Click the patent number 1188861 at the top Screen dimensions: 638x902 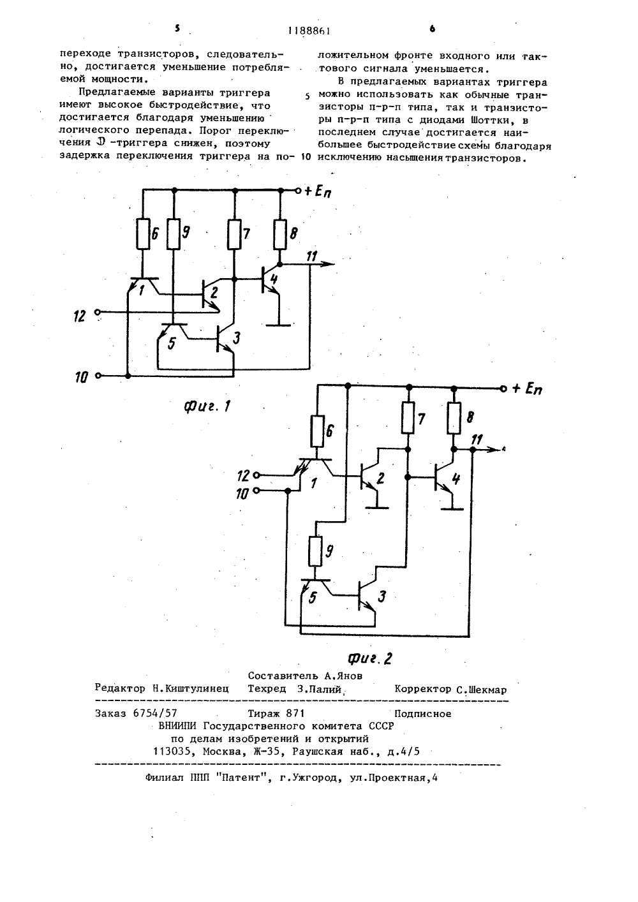(x=309, y=31)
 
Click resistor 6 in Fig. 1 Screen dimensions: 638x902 (x=143, y=234)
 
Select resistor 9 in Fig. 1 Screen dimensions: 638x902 (x=174, y=234)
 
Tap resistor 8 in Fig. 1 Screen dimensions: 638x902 (x=280, y=235)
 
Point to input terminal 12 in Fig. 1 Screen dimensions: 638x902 (x=98, y=312)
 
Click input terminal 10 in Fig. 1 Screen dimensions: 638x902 (x=98, y=376)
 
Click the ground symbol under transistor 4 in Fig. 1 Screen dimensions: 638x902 (x=279, y=324)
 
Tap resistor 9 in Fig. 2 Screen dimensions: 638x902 (x=316, y=551)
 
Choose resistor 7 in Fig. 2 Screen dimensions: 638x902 (x=408, y=418)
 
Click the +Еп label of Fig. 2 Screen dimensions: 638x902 (x=527, y=389)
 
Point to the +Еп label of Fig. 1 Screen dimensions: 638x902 (x=318, y=191)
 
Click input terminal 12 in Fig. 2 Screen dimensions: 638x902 (x=256, y=475)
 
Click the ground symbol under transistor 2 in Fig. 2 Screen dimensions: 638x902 (x=377, y=508)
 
